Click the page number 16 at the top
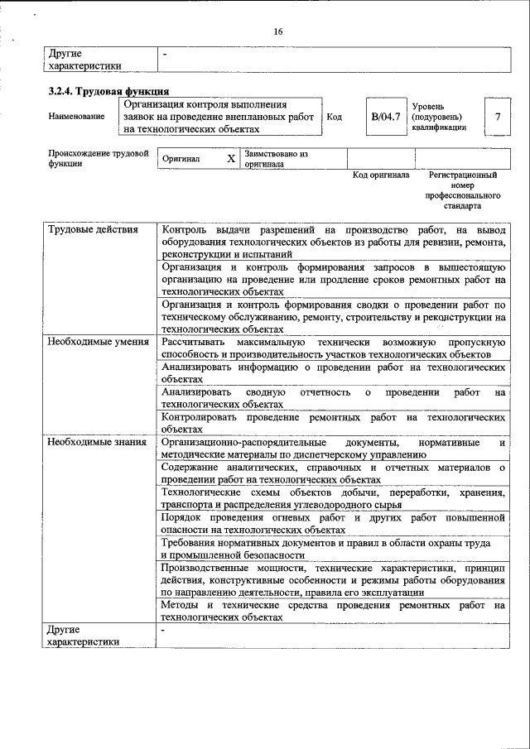point(278,31)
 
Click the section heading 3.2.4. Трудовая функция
point(108,92)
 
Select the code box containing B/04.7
point(385,117)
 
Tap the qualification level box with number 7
point(497,117)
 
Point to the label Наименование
point(76,117)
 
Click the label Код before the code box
point(335,117)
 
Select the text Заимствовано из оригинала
point(276,159)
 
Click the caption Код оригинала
point(381,175)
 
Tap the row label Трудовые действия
point(93,229)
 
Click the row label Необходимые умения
point(98,341)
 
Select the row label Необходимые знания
point(97,442)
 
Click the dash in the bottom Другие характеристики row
point(164,630)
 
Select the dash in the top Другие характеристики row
point(165,54)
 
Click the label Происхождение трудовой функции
point(98,158)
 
